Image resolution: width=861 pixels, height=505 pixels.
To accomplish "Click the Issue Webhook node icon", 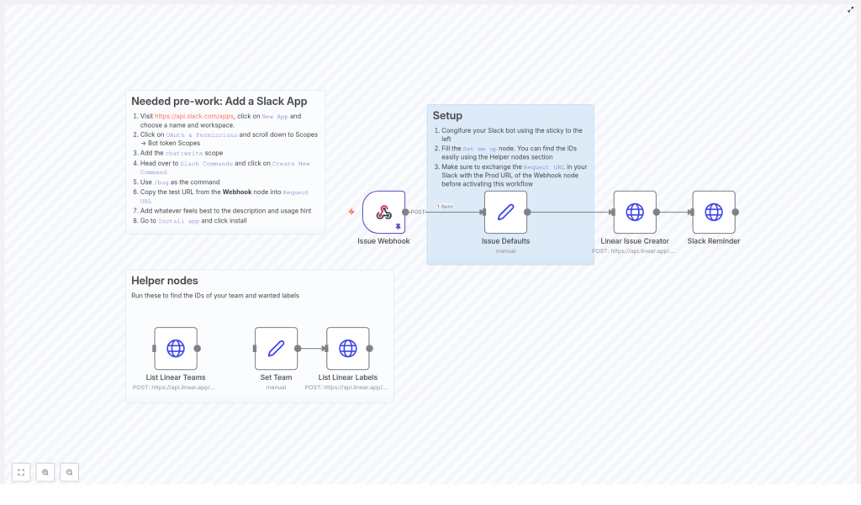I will point(383,212).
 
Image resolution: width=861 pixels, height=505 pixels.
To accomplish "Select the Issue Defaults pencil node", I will point(505,212).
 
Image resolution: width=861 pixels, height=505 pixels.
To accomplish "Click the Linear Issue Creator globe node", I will point(635,212).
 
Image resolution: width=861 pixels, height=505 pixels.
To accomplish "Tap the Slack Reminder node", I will point(714,212).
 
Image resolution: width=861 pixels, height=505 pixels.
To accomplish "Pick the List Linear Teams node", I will point(176,348).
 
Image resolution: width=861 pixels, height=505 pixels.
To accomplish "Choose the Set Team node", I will point(276,348).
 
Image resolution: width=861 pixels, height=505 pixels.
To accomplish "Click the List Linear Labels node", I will point(348,348).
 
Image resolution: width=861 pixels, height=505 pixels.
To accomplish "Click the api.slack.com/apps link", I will point(194,116).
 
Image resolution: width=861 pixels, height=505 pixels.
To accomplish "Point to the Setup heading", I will point(447,115).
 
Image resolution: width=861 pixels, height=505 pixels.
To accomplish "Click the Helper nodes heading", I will point(165,281).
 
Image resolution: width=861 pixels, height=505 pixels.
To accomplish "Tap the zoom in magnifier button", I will point(45,472).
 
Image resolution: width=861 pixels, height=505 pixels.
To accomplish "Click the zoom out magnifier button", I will point(69,472).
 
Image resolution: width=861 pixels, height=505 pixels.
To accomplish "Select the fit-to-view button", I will point(21,472).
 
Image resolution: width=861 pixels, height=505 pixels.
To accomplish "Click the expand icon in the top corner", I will point(850,9).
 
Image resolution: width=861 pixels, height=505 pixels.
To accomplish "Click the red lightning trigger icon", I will point(351,212).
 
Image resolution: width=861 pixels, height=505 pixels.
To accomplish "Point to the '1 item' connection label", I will point(445,206).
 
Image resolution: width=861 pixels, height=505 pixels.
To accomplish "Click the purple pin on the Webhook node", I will point(398,226).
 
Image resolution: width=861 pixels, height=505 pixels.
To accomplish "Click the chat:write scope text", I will point(184,153).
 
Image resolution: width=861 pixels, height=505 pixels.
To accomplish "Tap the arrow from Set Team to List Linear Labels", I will point(312,348).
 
